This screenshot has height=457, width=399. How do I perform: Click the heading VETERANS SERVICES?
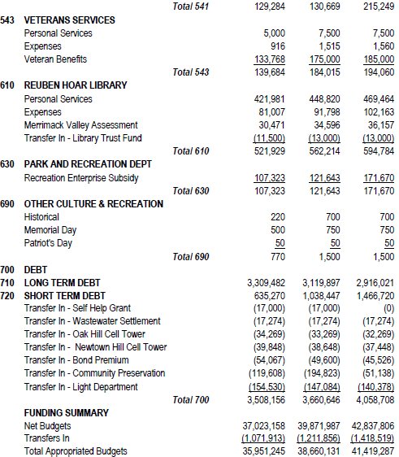pyautogui.click(x=69, y=20)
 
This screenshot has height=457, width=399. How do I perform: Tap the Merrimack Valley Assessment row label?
pyautogui.click(x=82, y=125)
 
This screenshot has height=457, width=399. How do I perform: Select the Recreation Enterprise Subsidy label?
pyautogui.click(x=81, y=178)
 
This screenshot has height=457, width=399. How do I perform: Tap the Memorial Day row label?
pyautogui.click(x=51, y=230)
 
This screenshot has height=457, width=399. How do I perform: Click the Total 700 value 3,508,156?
pyautogui.click(x=264, y=400)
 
